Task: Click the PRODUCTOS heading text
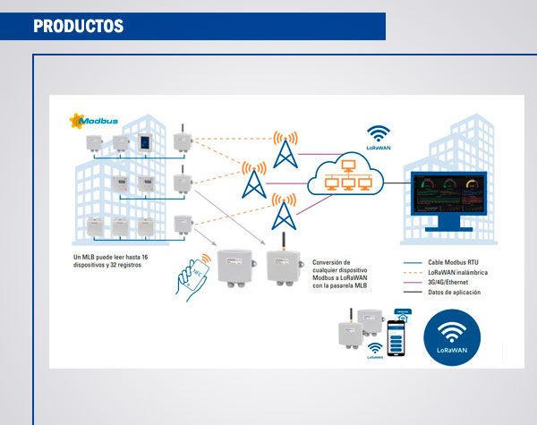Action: coord(79,26)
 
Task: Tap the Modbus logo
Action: coord(97,119)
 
